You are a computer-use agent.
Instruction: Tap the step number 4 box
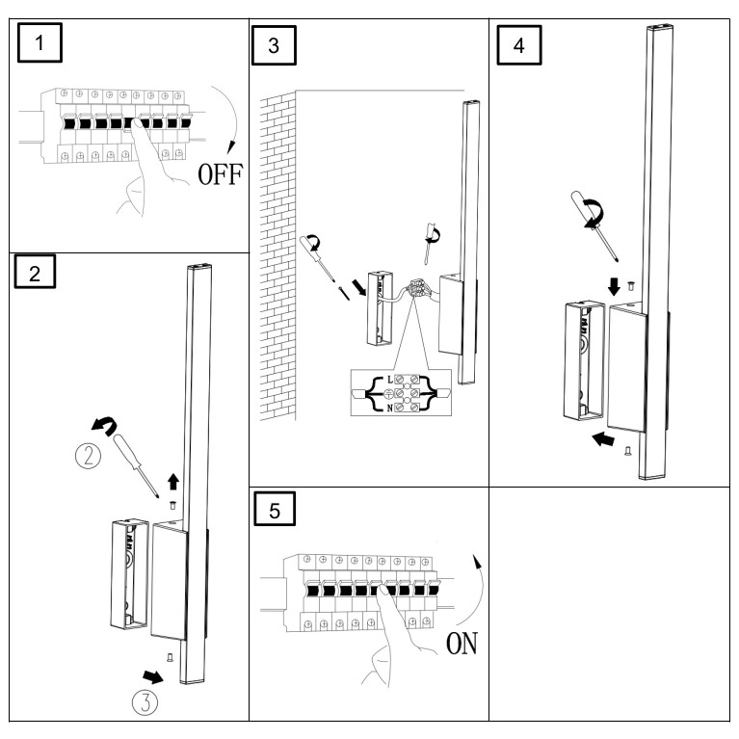tap(519, 42)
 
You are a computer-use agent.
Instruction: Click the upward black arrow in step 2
tap(173, 479)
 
